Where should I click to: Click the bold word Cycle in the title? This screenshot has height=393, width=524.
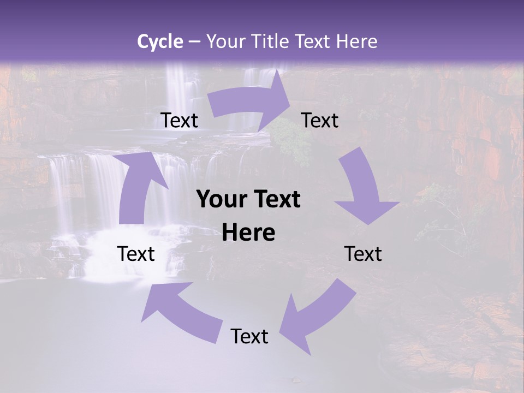click(160, 41)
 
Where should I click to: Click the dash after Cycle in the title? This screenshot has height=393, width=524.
click(194, 41)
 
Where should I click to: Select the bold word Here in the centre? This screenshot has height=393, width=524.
click(248, 233)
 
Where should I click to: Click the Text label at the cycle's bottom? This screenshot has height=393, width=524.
click(249, 336)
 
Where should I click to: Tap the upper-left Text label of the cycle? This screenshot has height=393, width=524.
click(179, 120)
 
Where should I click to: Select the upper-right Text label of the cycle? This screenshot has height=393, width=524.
click(320, 120)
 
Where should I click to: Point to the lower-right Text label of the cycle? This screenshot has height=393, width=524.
click(363, 254)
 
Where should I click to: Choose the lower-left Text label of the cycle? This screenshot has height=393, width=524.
click(136, 254)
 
